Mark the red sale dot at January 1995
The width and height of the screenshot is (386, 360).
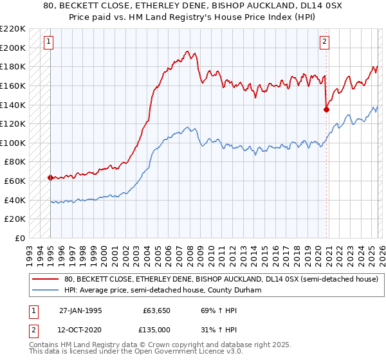[x=50, y=177]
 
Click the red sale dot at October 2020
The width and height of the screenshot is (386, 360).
[x=326, y=109]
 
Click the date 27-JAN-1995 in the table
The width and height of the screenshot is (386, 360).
[x=81, y=309]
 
